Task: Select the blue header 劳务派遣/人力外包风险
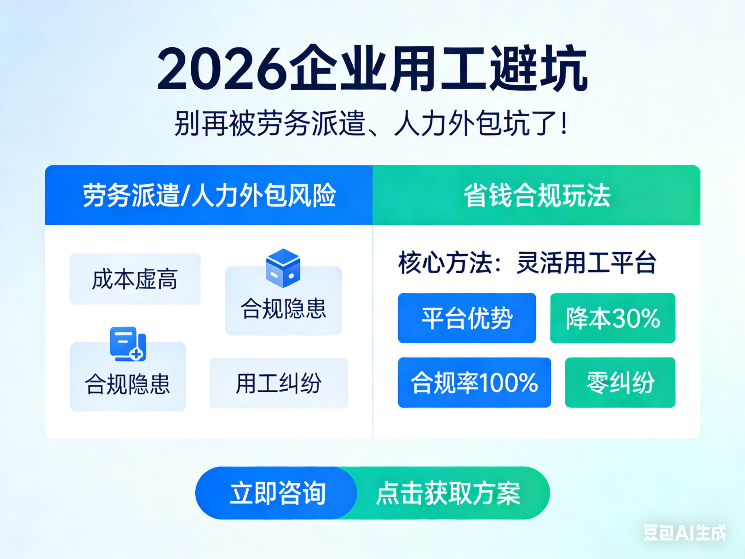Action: pos(209,195)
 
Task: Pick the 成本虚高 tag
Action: pos(135,279)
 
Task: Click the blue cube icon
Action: pos(283,268)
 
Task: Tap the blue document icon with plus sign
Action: pos(128,344)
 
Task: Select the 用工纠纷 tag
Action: pos(279,383)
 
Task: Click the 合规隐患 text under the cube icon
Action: pos(283,308)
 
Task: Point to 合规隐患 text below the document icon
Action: pos(128,384)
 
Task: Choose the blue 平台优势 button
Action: pos(467,318)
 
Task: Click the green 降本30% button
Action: pos(613,318)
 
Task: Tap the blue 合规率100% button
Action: pos(474,382)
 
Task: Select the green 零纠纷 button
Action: pos(620,382)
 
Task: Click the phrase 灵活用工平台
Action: pos(586,263)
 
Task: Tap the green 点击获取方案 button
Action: pos(448,493)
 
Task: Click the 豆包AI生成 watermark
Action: pos(685,533)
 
